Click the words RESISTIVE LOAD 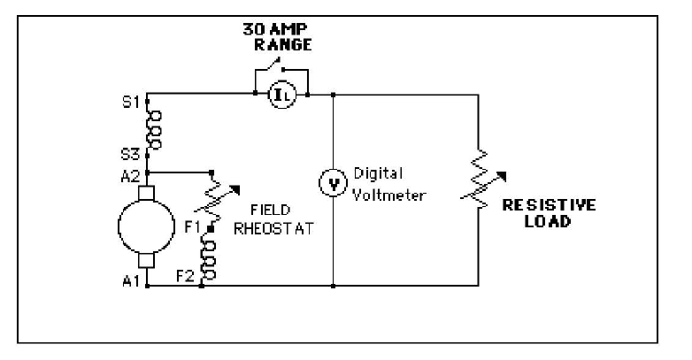pyautogui.click(x=548, y=213)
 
